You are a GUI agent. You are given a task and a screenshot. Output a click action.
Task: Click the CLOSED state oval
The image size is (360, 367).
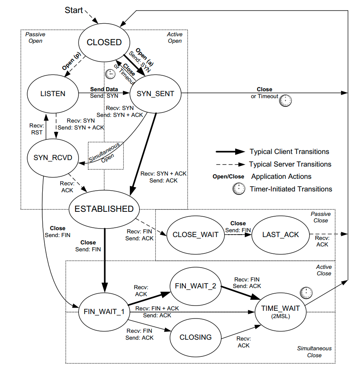tap(104, 42)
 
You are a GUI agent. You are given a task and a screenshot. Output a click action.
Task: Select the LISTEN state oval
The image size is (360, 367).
tap(52, 94)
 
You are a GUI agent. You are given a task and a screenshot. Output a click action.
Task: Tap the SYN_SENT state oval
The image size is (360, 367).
tap(155, 94)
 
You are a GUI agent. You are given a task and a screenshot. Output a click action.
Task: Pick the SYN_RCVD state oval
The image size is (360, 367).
tap(52, 158)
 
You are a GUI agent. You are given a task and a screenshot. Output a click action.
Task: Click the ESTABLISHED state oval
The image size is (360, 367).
tap(104, 209)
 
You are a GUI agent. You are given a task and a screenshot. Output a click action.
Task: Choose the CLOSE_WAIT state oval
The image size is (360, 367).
tap(196, 235)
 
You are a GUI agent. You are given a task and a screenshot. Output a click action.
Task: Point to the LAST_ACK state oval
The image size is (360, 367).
tap(280, 235)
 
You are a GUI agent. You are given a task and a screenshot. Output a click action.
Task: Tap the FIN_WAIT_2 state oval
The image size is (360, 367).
tap(196, 286)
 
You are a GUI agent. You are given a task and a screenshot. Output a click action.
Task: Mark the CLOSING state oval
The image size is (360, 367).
tap(196, 337)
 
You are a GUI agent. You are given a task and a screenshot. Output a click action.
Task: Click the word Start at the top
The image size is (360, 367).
tap(74, 10)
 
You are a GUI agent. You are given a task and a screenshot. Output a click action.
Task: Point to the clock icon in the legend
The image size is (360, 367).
tap(239, 189)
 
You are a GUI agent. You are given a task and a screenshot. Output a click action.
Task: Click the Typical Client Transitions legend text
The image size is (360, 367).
tap(289, 152)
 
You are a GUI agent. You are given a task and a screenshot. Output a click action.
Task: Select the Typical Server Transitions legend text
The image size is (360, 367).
tap(290, 164)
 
